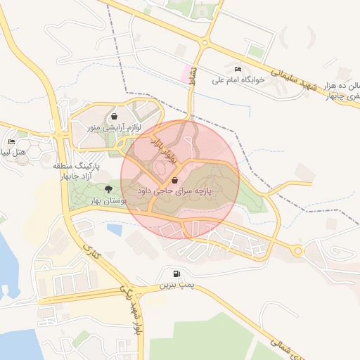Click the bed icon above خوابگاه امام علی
tap(238, 69)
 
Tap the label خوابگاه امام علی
tap(239, 80)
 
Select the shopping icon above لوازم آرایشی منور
tap(114, 117)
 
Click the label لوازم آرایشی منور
tap(114, 129)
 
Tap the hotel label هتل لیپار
tap(13, 152)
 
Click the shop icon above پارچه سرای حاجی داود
tap(174, 180)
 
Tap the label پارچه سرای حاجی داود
tap(174, 191)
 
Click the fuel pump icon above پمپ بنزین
tap(174, 274)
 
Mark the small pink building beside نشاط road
tap(188, 72)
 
